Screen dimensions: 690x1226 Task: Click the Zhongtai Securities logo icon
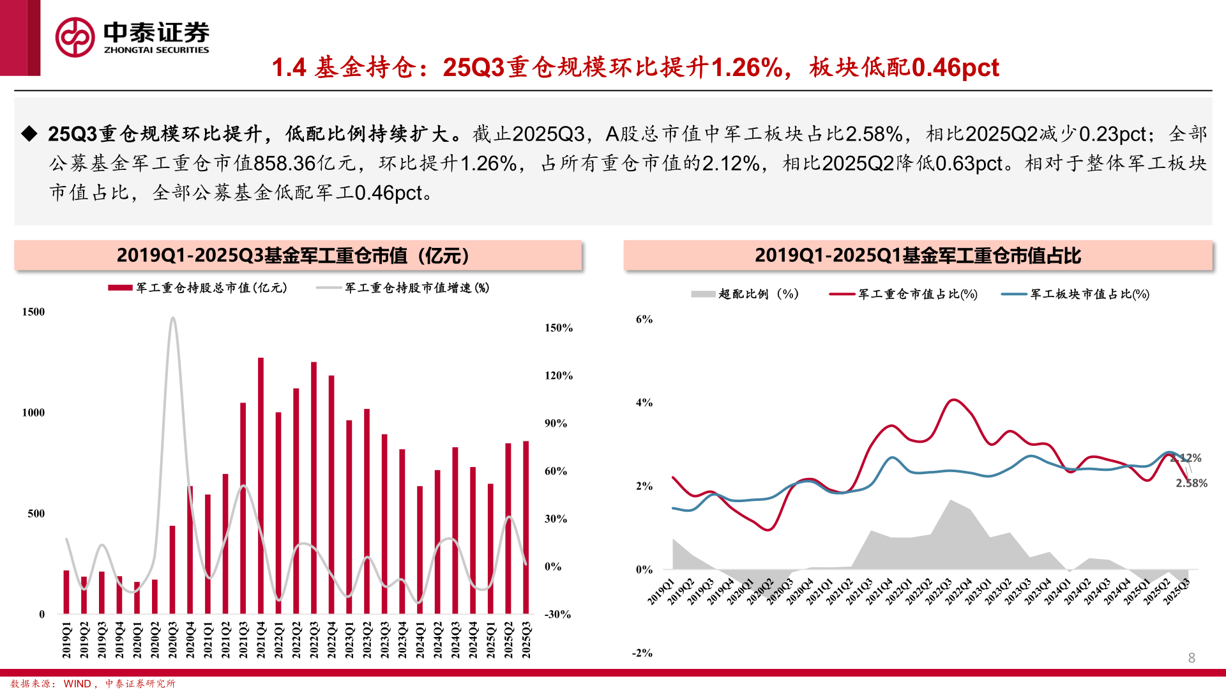pyautogui.click(x=75, y=37)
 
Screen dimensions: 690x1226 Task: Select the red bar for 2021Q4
pyautogui.click(x=261, y=486)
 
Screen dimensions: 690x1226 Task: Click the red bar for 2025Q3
pyautogui.click(x=526, y=527)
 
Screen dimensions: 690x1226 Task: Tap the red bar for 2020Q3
pyautogui.click(x=172, y=569)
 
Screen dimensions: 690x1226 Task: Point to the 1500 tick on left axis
pyautogui.click(x=34, y=312)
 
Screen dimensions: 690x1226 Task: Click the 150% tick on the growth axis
pyautogui.click(x=558, y=328)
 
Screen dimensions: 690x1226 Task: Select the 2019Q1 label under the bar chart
pyautogui.click(x=66, y=640)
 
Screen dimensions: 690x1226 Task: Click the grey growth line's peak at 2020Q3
pyautogui.click(x=172, y=318)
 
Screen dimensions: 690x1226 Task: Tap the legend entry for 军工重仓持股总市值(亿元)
pyautogui.click(x=198, y=288)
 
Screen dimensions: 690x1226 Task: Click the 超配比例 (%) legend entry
pyautogui.click(x=745, y=294)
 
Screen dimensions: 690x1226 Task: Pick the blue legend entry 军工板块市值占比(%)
pyautogui.click(x=1076, y=294)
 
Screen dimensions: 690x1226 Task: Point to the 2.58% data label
pyautogui.click(x=1192, y=484)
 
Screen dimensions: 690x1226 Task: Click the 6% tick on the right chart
pyautogui.click(x=644, y=319)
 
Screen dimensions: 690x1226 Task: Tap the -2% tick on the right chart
pyautogui.click(x=642, y=653)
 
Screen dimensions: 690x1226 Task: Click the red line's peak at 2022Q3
pyautogui.click(x=952, y=400)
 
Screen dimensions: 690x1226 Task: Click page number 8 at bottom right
pyautogui.click(x=1192, y=658)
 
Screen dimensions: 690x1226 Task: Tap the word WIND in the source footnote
pyautogui.click(x=77, y=684)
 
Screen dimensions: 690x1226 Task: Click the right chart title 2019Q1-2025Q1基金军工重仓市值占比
pyautogui.click(x=918, y=256)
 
